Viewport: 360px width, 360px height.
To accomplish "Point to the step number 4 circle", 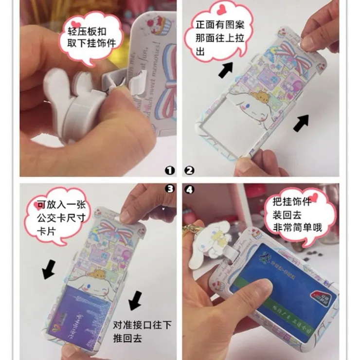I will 190,190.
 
